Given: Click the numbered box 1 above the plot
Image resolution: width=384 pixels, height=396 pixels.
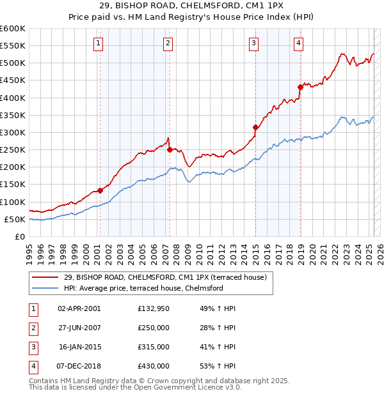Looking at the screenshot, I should coord(99,43).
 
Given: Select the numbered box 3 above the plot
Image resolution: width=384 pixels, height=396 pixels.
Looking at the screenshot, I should coord(253,43).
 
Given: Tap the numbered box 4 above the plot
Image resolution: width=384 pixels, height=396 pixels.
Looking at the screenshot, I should coord(299,43).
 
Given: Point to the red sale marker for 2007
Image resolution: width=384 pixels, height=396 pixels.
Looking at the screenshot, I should coord(170,150).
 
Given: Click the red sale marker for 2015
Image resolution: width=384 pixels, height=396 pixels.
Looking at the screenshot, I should coord(255,127).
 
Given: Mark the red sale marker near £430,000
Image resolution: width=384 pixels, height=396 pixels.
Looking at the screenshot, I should coord(300,88).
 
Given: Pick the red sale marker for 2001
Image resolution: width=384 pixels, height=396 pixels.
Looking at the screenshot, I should coord(100,190).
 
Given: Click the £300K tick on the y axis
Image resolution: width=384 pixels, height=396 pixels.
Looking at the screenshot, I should coord(13,132).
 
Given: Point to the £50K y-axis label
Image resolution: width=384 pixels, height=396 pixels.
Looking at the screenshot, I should coord(15,219).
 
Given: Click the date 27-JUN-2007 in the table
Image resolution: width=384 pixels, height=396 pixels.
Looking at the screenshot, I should coord(79,328).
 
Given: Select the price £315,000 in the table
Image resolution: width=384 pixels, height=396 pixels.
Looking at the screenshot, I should coord(154,347).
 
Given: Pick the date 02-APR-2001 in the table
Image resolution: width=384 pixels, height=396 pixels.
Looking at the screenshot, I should coord(79,308).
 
